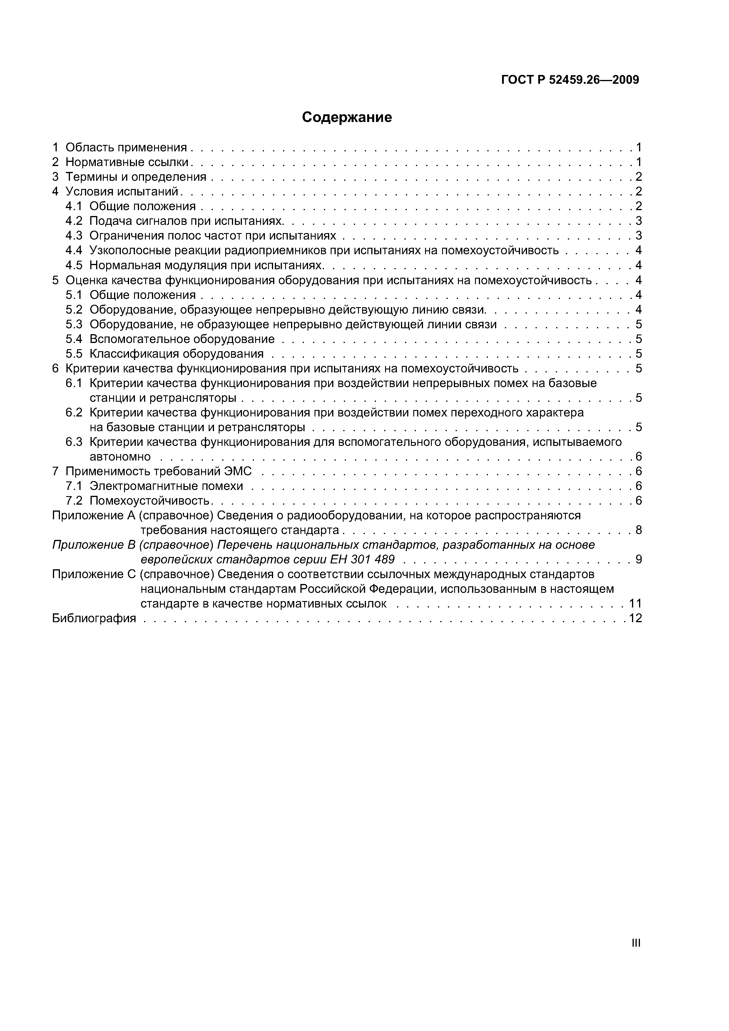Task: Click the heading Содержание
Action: (347, 117)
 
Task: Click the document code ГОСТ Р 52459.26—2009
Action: (570, 80)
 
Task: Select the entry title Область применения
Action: (126, 147)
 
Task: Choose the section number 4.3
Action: (74, 236)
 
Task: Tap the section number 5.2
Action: (74, 310)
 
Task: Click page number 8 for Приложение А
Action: (638, 530)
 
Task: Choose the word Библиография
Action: (94, 618)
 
